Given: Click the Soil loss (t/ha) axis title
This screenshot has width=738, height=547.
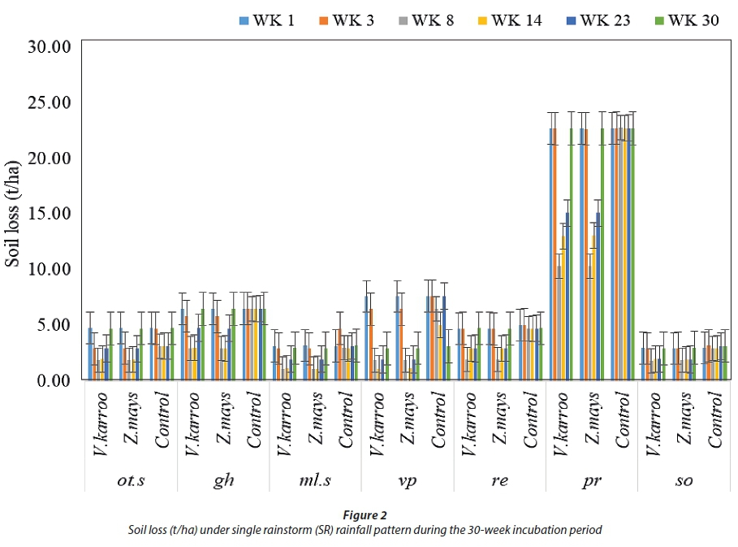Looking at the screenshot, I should pos(14,213).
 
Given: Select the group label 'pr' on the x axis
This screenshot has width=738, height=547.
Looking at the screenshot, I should pos(592,480).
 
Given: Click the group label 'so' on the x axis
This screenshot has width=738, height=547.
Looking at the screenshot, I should pos(684,480).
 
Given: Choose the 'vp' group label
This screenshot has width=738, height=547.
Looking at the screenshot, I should pos(408,480).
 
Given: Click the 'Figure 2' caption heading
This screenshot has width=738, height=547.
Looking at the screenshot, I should pos(365,514).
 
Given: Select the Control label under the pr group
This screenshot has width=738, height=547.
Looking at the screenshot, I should pos(623,419).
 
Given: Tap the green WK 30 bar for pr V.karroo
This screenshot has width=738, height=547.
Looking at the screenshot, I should pos(571,254).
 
